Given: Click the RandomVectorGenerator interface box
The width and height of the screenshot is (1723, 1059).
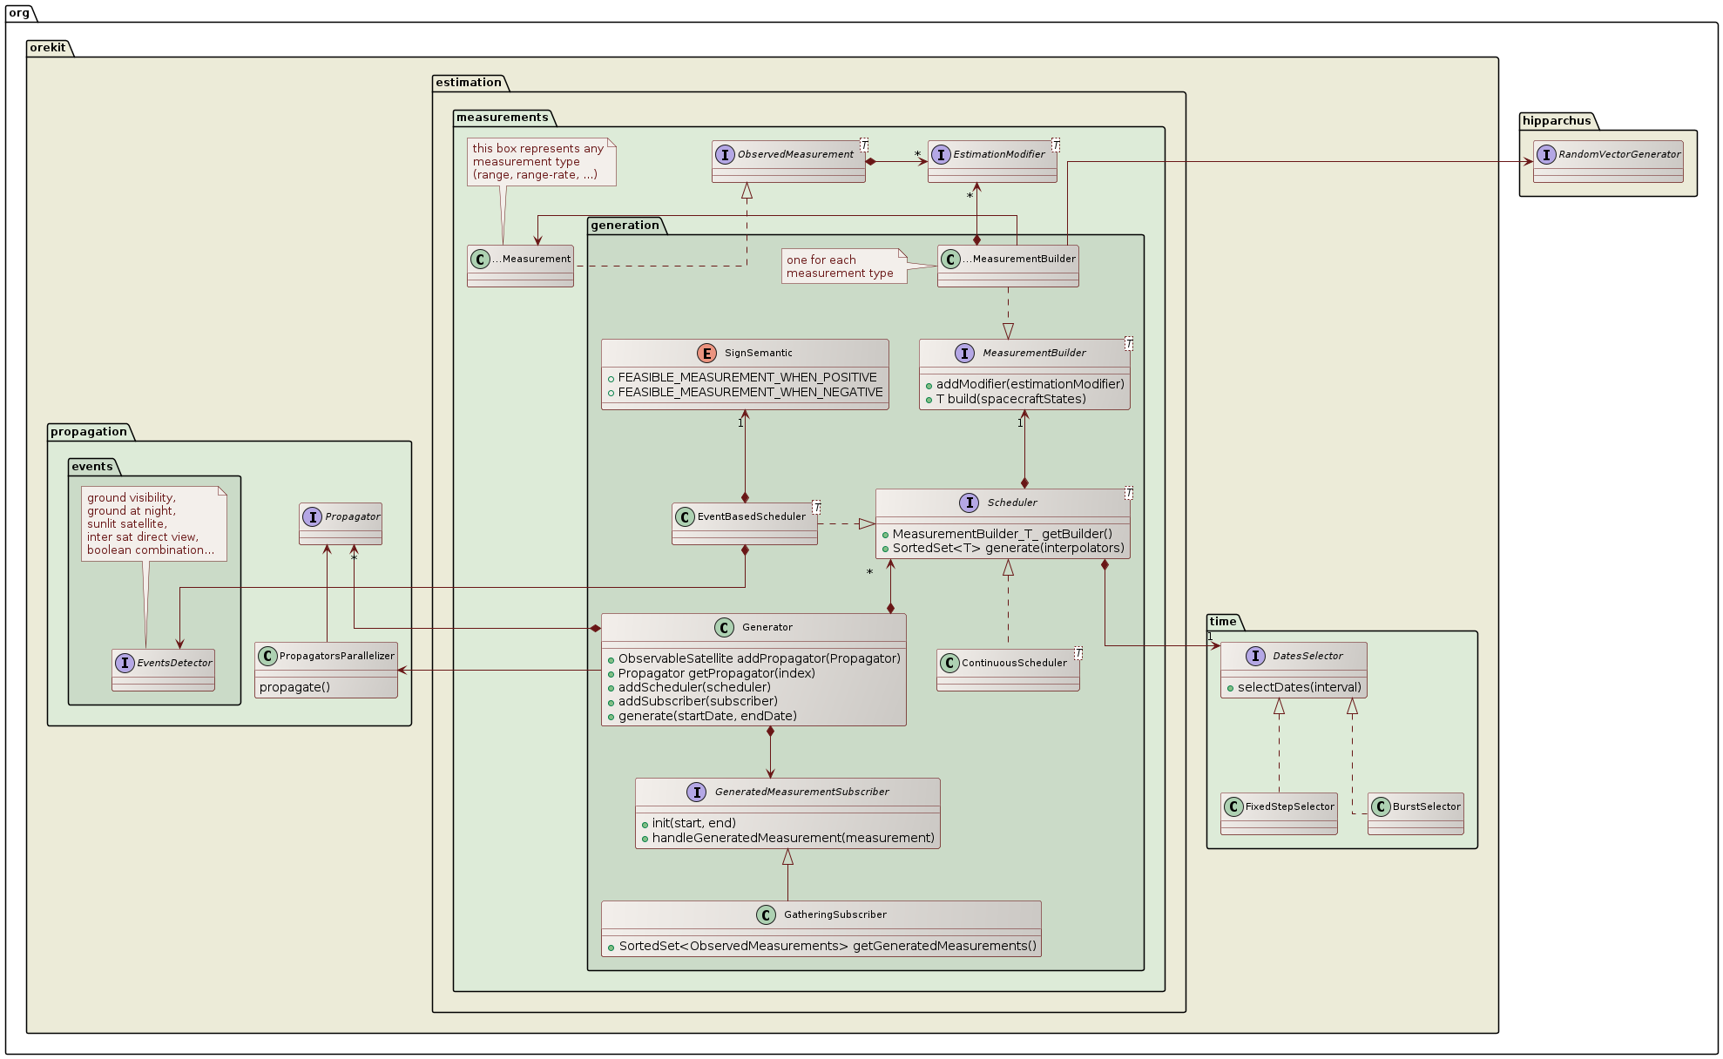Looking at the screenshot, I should (x=1608, y=161).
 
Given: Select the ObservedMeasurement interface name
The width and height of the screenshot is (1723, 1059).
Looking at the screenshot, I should (x=795, y=154).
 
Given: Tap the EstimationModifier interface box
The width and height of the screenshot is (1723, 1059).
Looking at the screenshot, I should (x=992, y=161).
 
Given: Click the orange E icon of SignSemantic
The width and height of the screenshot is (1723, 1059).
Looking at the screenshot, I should (x=706, y=353).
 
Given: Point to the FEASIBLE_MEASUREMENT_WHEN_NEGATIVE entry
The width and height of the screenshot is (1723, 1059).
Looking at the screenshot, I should (x=750, y=392).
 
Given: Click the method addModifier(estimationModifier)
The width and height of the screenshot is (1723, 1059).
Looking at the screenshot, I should (x=1030, y=384).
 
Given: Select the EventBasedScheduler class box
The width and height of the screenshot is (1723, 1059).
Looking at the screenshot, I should (x=745, y=523).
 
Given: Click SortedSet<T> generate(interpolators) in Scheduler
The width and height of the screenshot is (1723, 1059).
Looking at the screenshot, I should (x=1008, y=548).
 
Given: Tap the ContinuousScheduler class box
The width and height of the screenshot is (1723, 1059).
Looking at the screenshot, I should (x=1008, y=670).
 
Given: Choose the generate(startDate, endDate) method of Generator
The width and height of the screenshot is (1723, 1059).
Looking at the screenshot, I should (x=707, y=716).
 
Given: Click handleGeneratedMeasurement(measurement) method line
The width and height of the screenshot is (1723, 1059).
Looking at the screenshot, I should (x=793, y=838).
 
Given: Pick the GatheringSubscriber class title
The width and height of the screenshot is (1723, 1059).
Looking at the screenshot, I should (x=834, y=914).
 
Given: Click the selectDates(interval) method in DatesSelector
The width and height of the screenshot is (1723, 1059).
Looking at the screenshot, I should (x=1299, y=687).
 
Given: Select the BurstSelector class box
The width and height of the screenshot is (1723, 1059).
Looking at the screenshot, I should (x=1416, y=813).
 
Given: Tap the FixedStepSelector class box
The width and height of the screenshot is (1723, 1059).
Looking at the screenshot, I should (x=1279, y=813).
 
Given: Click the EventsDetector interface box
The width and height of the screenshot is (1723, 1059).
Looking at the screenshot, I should (x=163, y=670).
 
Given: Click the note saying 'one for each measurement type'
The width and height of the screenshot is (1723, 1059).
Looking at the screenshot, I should (x=840, y=266).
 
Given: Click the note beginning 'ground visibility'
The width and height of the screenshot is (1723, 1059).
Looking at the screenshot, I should (x=153, y=523).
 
